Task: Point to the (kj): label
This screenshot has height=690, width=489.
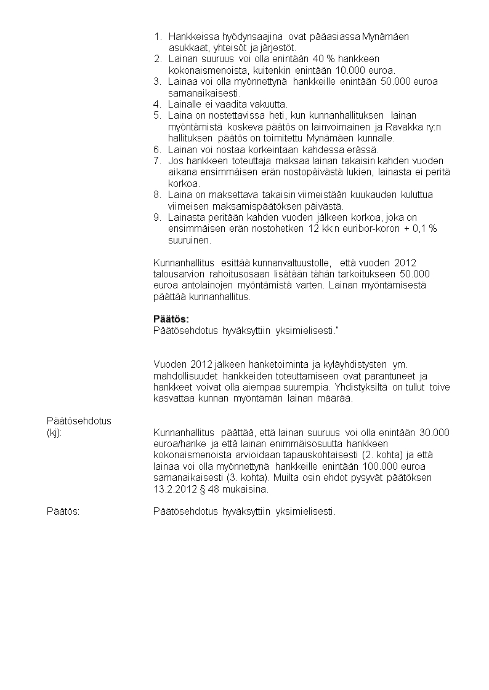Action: click(55, 432)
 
